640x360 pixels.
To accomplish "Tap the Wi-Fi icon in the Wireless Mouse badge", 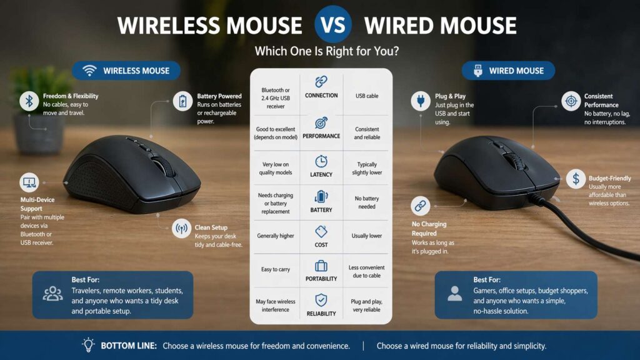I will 89,71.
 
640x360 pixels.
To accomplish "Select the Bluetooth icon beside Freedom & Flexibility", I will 29,101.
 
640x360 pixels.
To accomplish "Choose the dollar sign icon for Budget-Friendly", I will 575,179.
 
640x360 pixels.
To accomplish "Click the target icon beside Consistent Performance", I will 571,101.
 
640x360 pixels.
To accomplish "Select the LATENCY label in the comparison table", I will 321,174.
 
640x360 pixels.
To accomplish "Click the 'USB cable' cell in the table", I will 367,96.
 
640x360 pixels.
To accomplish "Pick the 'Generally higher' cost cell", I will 275,236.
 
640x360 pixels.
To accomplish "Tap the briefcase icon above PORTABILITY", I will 321,266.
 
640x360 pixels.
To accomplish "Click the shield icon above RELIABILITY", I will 321,300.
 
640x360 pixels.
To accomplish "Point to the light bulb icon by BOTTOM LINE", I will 88,345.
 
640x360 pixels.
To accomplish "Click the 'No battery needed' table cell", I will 367,202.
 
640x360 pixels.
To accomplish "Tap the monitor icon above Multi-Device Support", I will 29,182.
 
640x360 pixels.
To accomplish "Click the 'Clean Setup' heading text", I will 211,227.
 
